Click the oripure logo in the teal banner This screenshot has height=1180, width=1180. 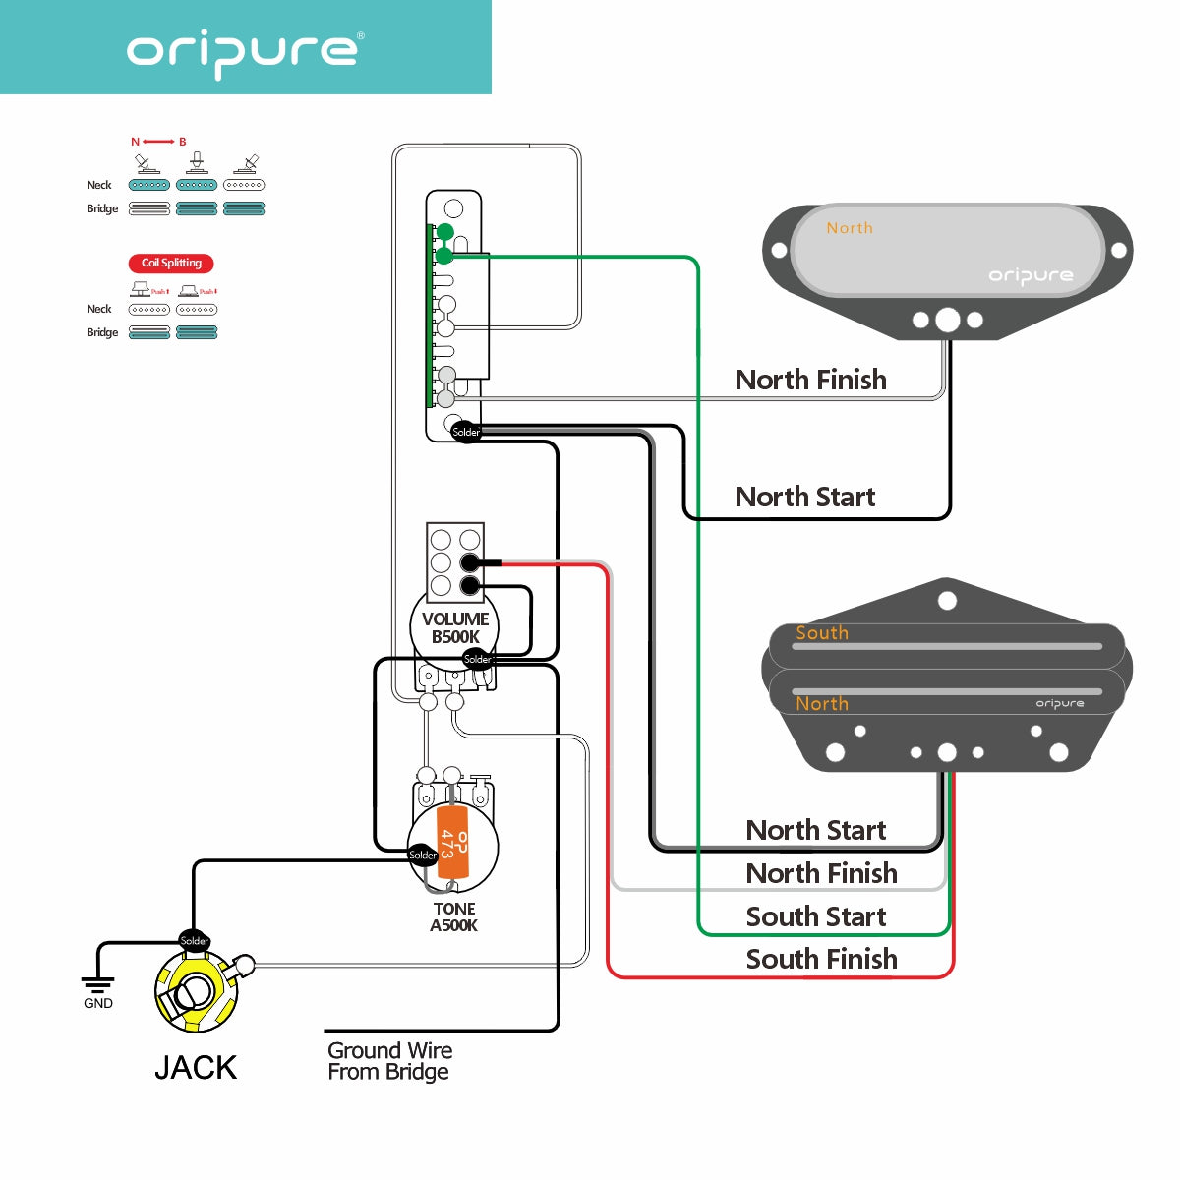(245, 51)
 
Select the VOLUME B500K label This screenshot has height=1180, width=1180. (455, 627)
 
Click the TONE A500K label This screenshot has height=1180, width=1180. (453, 916)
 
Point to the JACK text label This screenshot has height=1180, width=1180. (196, 1067)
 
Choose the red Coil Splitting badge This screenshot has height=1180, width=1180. (171, 263)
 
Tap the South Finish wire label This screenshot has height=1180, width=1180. (821, 959)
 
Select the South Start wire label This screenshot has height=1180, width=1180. (815, 916)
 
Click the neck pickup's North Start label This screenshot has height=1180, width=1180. (804, 497)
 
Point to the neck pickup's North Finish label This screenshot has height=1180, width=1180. (810, 380)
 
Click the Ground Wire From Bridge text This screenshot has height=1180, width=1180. (389, 1061)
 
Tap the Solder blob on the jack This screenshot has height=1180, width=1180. (194, 940)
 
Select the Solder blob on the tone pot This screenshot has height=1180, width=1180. (423, 855)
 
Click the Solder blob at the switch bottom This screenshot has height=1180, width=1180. (466, 432)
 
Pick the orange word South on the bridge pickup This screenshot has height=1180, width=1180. (822, 633)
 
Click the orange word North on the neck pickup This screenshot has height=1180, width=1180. (850, 228)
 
